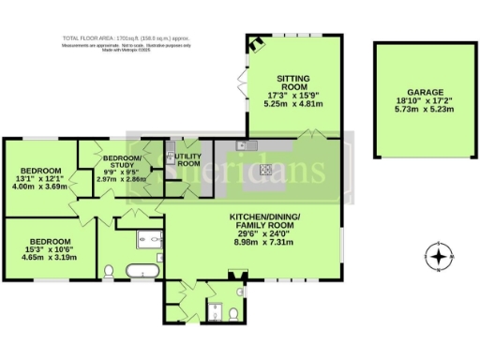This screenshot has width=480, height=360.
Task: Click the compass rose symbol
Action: [x=439, y=256]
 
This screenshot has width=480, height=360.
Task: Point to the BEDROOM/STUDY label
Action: [x=123, y=161]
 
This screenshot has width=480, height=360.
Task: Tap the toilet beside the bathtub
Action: [x=108, y=272]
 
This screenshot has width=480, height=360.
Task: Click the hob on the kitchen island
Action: [x=266, y=170]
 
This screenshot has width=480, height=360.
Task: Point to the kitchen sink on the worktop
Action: [x=243, y=146]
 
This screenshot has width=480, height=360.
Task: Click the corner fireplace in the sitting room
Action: [x=254, y=42]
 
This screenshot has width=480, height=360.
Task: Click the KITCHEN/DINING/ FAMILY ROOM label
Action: [x=265, y=221]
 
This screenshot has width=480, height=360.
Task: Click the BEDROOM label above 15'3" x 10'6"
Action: [x=44, y=239]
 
